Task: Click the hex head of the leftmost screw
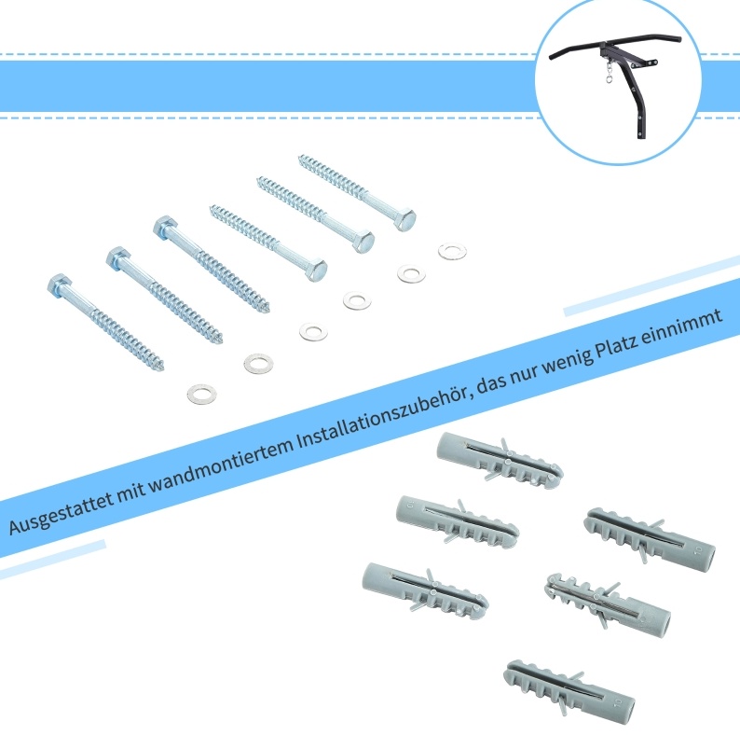tap(61, 284)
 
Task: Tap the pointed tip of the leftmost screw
tap(161, 367)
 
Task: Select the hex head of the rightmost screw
tap(403, 218)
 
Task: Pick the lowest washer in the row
tap(202, 394)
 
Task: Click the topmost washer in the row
tap(452, 251)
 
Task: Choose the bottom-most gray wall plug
tap(569, 687)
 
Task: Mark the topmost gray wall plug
tap(500, 460)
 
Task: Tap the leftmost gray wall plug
tap(425, 590)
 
